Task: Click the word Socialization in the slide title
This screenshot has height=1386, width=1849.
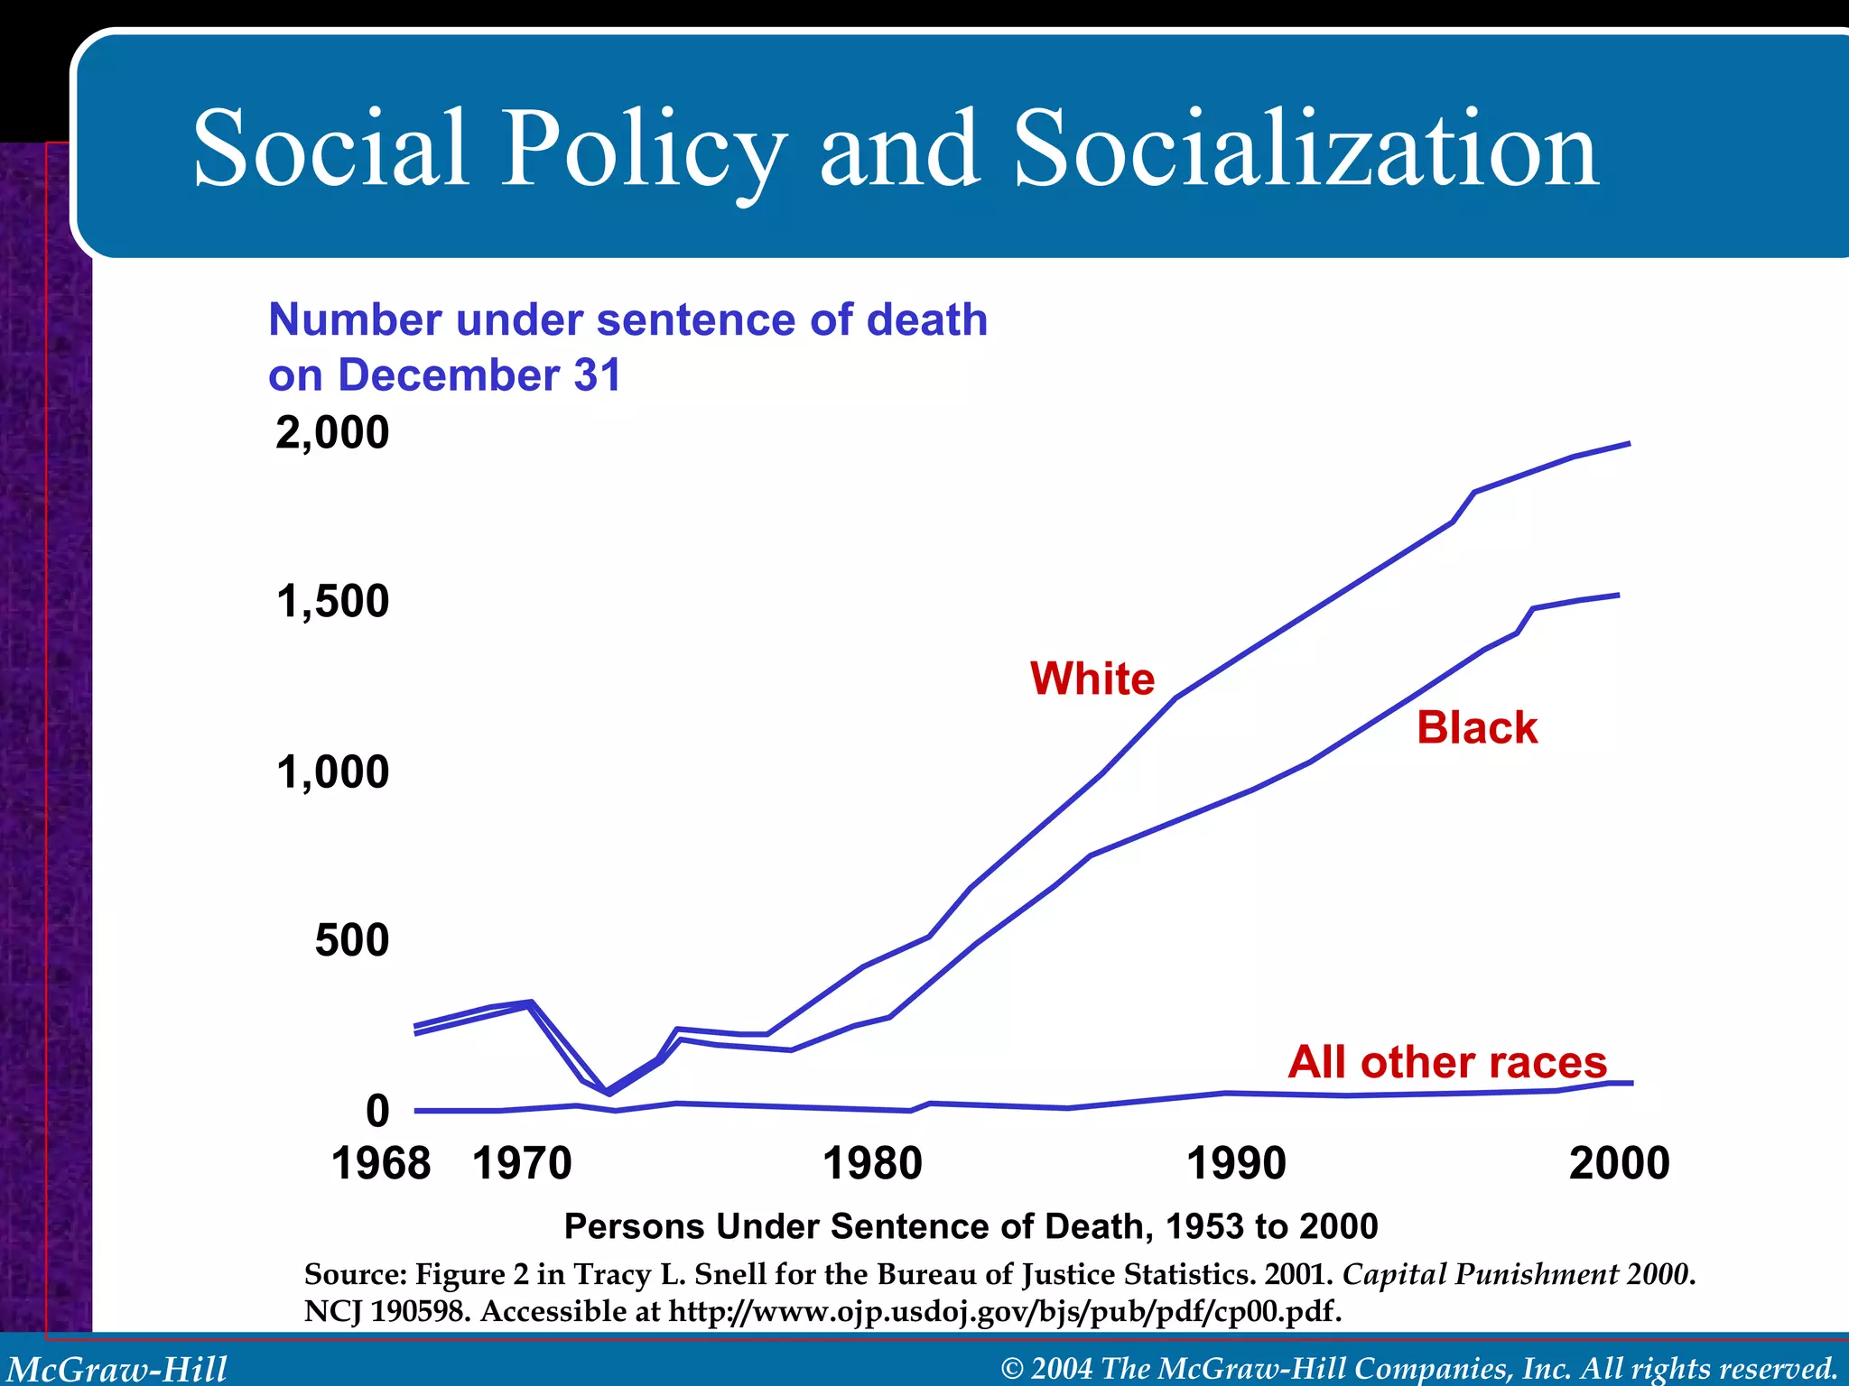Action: pyautogui.click(x=1305, y=149)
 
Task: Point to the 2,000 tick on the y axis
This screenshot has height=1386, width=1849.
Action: pyautogui.click(x=332, y=433)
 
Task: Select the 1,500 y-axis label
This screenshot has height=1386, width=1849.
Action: pyautogui.click(x=332, y=602)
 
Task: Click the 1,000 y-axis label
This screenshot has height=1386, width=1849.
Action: pyautogui.click(x=332, y=772)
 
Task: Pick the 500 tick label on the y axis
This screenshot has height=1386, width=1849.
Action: pyautogui.click(x=352, y=941)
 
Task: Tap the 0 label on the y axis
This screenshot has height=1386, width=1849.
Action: pyautogui.click(x=377, y=1111)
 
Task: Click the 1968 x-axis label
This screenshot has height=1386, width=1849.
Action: pyautogui.click(x=381, y=1163)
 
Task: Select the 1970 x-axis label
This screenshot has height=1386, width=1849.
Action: pyautogui.click(x=522, y=1163)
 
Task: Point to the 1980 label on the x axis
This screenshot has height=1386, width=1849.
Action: pyautogui.click(x=872, y=1163)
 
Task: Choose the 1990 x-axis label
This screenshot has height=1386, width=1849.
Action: pyautogui.click(x=1236, y=1163)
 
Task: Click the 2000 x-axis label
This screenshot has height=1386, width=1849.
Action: pyautogui.click(x=1619, y=1163)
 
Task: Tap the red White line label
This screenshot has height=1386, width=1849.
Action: pyautogui.click(x=1092, y=679)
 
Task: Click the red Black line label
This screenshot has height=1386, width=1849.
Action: pyautogui.click(x=1477, y=728)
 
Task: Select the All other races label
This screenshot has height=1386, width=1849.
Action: pyautogui.click(x=1447, y=1062)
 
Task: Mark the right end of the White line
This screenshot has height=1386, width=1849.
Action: pyautogui.click(x=1628, y=444)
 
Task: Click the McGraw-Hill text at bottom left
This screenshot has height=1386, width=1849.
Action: pyautogui.click(x=117, y=1369)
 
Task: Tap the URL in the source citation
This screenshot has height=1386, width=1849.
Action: pyautogui.click(x=1004, y=1311)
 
